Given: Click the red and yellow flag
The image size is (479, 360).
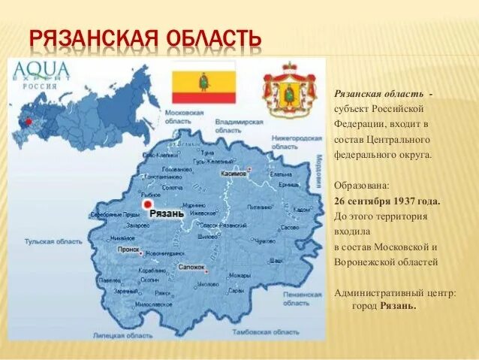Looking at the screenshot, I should [x=203, y=83].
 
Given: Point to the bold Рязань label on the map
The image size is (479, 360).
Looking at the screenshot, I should [x=167, y=213].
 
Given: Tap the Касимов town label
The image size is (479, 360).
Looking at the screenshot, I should [x=233, y=173].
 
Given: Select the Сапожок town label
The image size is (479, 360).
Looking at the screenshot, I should [x=191, y=267].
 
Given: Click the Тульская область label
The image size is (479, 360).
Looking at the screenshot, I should [x=53, y=242].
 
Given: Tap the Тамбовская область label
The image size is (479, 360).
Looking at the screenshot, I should [x=255, y=331].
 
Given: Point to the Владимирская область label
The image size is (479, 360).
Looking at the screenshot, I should [x=238, y=125].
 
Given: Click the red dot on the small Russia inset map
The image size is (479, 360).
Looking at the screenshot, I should [x=28, y=120].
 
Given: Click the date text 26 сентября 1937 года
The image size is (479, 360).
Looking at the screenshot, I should [x=387, y=201].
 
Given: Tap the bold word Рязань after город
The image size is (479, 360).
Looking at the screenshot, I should [x=398, y=306].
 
